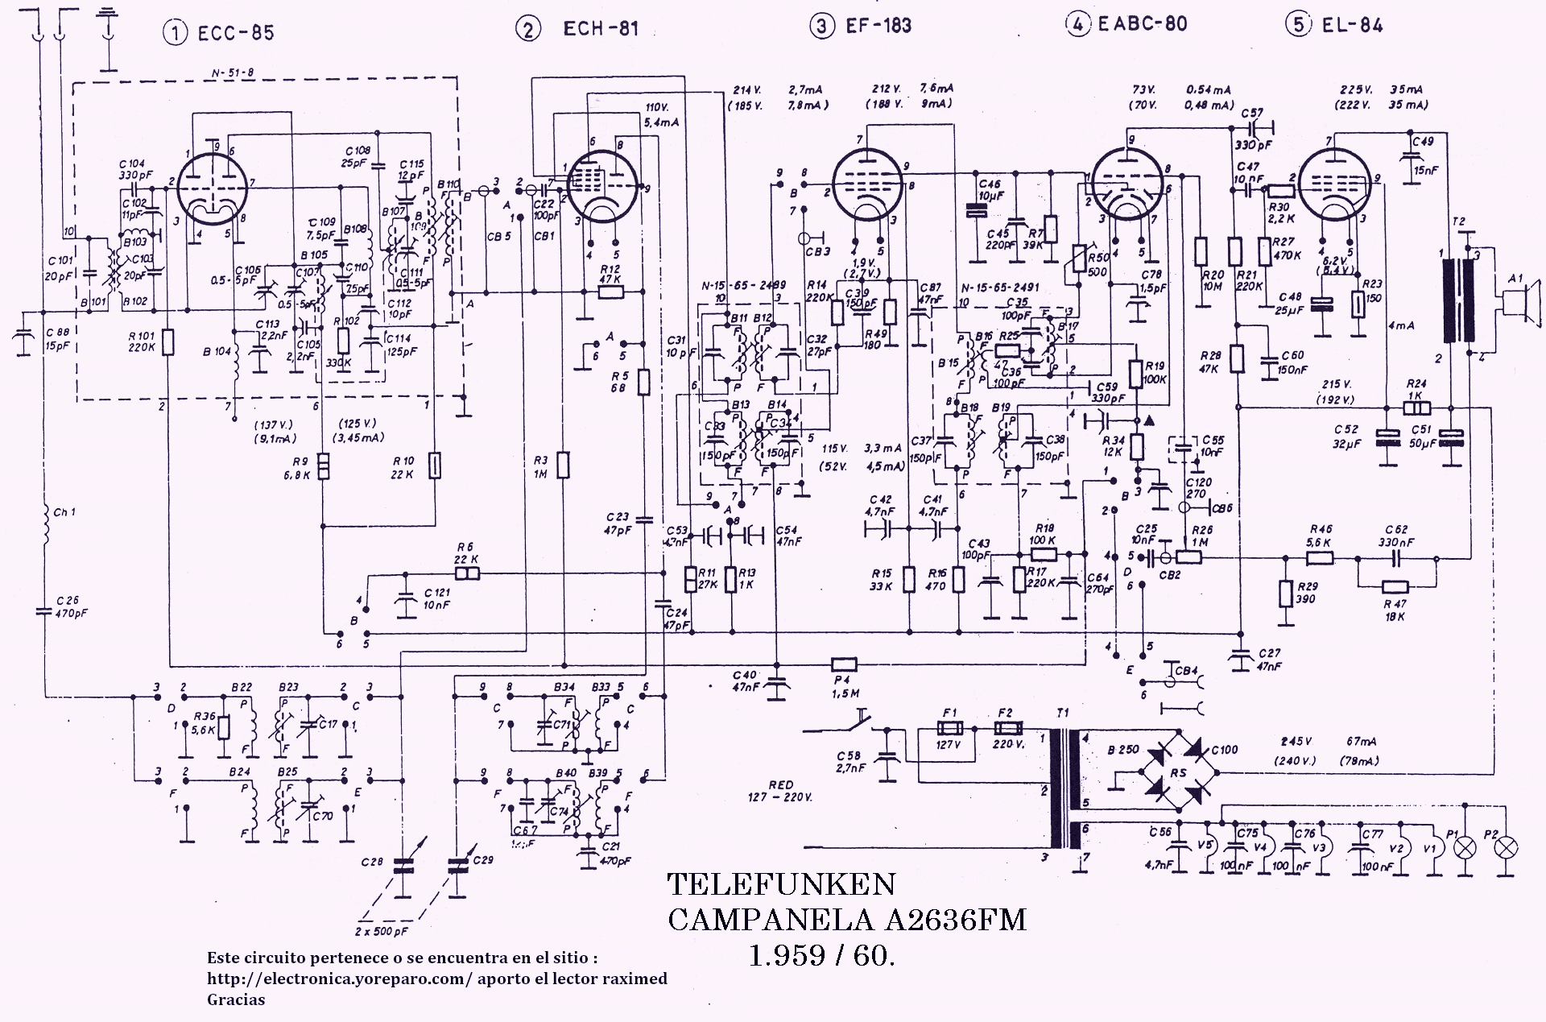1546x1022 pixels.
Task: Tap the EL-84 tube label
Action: (1352, 26)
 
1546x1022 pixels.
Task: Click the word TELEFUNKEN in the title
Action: (781, 885)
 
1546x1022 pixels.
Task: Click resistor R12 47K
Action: (610, 292)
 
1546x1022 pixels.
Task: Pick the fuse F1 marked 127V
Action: (949, 727)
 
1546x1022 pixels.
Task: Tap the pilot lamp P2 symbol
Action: (1506, 847)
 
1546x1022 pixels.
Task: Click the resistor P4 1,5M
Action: (843, 664)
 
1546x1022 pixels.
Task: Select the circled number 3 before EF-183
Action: (821, 27)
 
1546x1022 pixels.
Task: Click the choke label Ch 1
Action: (64, 512)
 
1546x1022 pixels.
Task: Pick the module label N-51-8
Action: (233, 73)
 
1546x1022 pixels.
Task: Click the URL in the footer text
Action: (339, 979)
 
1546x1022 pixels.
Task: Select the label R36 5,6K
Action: (205, 724)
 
